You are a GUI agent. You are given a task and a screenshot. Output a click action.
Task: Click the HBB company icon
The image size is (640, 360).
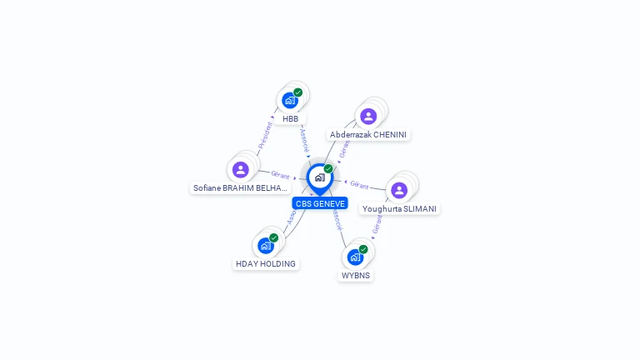(x=290, y=100)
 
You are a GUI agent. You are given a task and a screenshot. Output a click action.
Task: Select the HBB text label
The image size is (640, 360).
(x=290, y=119)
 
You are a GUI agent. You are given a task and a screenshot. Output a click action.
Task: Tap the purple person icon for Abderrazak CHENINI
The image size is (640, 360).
(x=368, y=116)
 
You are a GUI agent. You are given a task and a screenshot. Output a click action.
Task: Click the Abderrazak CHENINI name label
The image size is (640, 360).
(x=369, y=135)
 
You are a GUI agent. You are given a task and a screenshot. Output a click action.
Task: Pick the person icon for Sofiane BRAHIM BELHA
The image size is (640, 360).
(x=241, y=169)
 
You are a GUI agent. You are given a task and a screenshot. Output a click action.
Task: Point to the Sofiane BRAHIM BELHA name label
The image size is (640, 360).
(x=240, y=188)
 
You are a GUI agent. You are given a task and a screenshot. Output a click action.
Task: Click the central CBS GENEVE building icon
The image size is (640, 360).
(x=319, y=177)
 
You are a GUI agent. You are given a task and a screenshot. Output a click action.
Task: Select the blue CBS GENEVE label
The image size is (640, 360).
(x=320, y=203)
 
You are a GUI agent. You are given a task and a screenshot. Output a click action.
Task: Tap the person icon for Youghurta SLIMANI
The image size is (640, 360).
(x=399, y=190)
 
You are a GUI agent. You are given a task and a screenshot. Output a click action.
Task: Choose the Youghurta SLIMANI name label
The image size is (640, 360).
(x=399, y=208)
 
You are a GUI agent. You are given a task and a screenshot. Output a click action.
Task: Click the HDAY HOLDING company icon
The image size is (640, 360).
(x=265, y=245)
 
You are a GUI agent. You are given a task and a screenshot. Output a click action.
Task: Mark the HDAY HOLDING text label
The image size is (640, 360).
(x=265, y=264)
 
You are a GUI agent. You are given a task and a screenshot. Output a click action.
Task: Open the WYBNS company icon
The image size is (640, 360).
(x=355, y=257)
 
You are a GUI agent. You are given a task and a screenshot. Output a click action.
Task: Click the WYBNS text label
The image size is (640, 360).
(x=356, y=275)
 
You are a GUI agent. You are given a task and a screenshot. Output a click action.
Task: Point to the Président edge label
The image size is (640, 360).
(x=265, y=136)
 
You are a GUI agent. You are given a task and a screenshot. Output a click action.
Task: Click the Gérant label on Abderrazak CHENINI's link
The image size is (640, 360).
(x=345, y=148)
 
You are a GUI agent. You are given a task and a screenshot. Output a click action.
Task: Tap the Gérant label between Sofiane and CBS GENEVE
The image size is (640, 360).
(x=280, y=175)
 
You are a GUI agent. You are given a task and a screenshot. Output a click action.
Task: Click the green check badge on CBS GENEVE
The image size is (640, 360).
(x=328, y=169)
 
